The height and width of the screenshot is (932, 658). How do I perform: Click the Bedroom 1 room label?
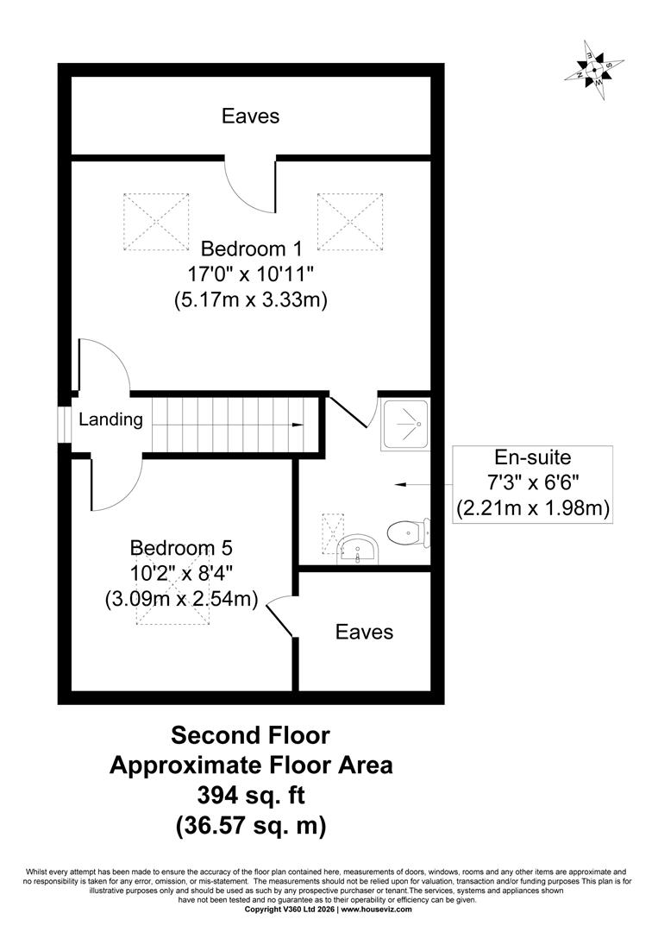[251, 249]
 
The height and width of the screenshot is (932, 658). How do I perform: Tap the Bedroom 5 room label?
[181, 547]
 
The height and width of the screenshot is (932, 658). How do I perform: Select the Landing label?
[111, 419]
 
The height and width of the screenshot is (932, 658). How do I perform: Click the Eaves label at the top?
[251, 116]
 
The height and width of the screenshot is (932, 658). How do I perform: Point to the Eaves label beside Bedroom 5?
[364, 631]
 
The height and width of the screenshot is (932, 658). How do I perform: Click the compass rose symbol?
[594, 70]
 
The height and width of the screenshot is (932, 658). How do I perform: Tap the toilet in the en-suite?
[409, 532]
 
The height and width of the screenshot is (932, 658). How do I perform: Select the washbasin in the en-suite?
[357, 549]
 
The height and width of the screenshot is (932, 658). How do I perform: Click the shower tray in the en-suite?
[405, 425]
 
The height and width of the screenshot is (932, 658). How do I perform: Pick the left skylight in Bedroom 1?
[155, 222]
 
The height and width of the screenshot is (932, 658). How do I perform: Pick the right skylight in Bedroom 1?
[350, 222]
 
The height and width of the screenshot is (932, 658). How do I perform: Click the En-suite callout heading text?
[533, 457]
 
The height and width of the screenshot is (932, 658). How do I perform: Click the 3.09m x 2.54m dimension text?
[181, 599]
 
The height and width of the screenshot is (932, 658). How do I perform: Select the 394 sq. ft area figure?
[251, 795]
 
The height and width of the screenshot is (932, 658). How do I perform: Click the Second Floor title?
[251, 735]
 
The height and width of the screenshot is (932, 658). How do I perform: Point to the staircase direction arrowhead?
[298, 425]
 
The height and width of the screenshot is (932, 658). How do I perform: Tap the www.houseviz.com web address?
[377, 925]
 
